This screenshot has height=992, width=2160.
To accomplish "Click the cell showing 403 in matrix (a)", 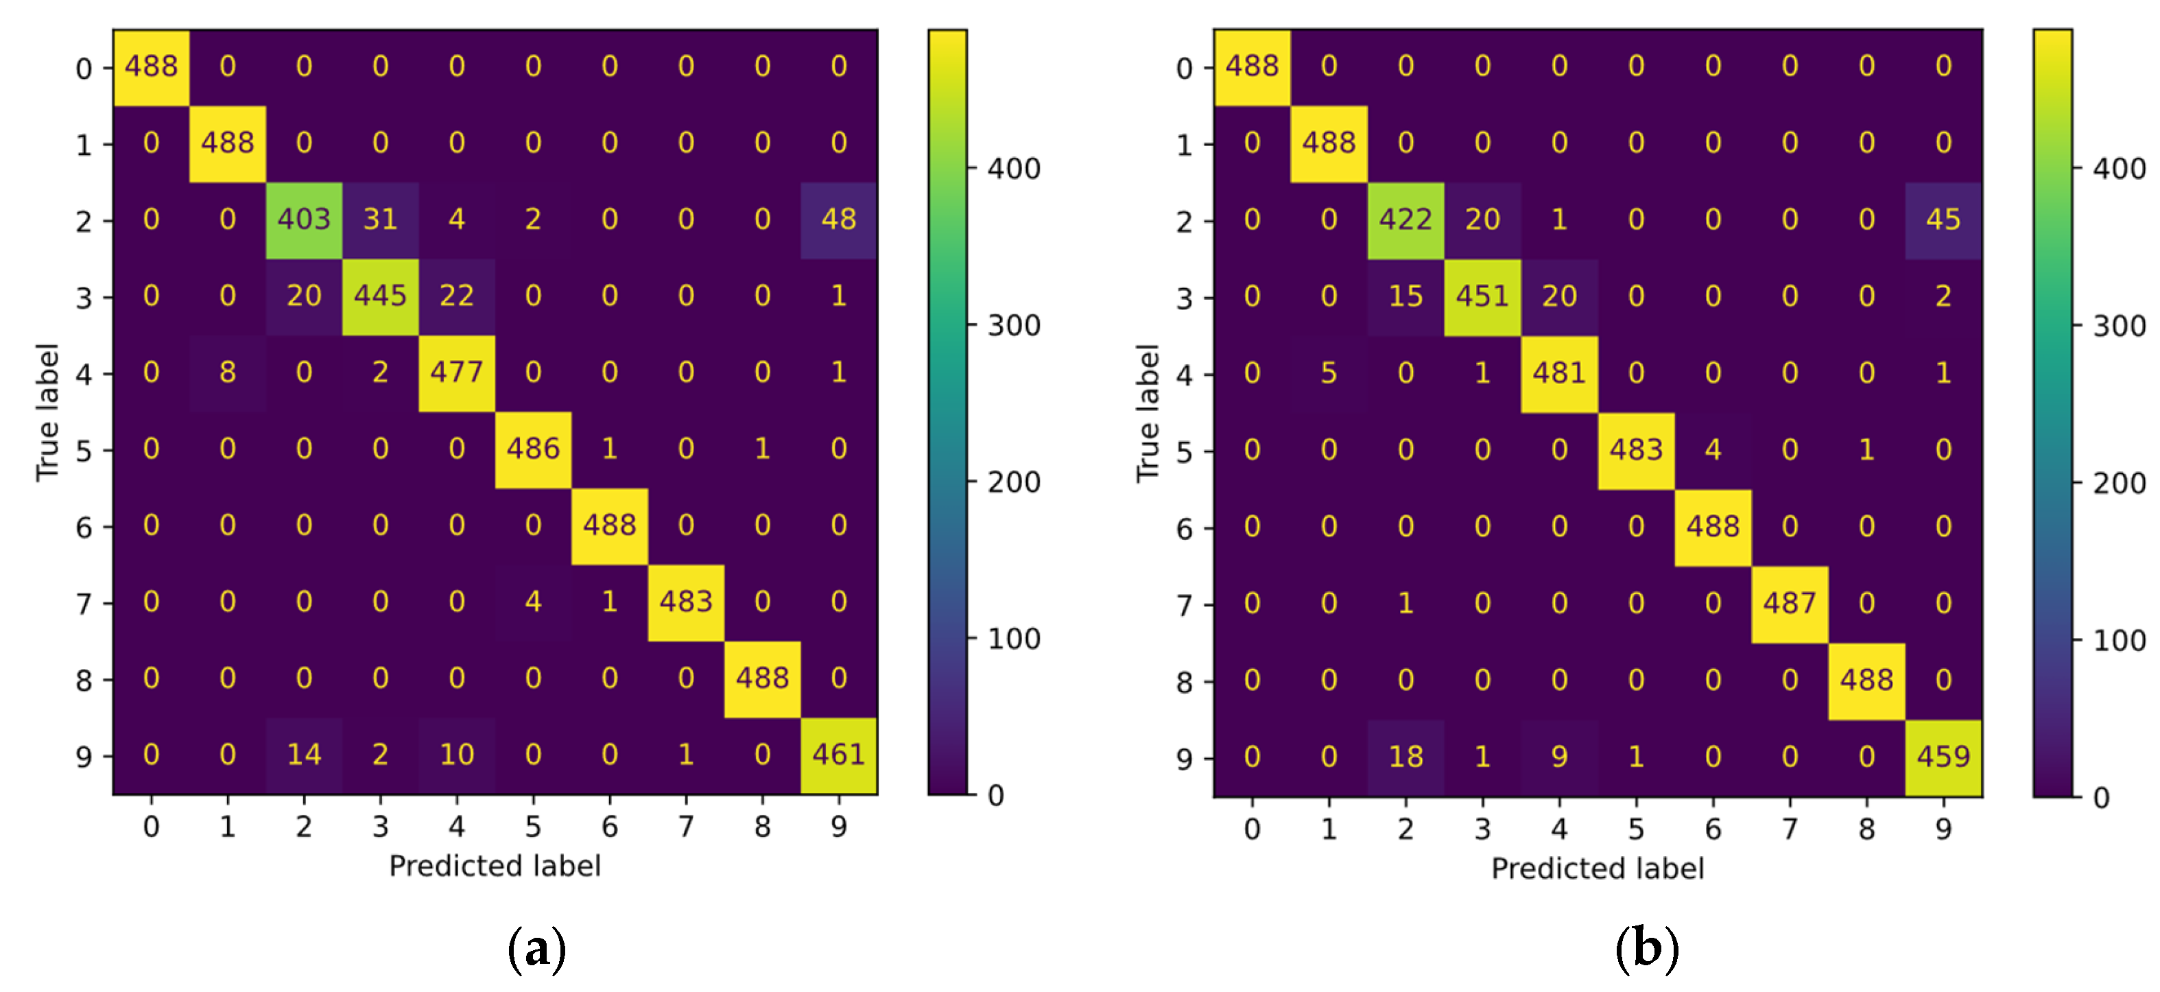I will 304,220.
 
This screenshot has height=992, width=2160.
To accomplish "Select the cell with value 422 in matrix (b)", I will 1405,220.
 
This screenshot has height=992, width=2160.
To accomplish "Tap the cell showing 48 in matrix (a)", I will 838,220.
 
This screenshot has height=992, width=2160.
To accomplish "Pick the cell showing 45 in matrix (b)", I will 1943,220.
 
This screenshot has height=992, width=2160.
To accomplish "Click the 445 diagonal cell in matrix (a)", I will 380,296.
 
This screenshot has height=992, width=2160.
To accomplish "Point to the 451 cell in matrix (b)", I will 1482,296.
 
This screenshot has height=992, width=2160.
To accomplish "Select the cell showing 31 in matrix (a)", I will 380,220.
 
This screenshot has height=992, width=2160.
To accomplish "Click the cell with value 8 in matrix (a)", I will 227,373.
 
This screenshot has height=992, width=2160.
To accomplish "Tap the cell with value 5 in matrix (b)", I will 1328,373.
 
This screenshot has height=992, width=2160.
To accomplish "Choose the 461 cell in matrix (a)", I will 838,755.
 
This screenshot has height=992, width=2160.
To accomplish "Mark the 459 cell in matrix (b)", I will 1943,757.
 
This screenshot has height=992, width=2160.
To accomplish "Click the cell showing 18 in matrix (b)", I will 1405,757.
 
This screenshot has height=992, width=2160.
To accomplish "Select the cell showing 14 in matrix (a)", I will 304,755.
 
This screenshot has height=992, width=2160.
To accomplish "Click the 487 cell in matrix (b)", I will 1790,604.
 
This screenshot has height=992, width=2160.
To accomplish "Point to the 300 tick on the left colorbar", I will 1013,325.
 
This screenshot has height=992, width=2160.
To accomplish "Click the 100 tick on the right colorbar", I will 2119,641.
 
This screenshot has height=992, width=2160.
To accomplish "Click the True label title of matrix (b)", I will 1147,414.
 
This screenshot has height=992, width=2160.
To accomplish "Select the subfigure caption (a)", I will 536,948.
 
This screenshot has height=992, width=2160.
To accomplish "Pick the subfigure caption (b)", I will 1646,948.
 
